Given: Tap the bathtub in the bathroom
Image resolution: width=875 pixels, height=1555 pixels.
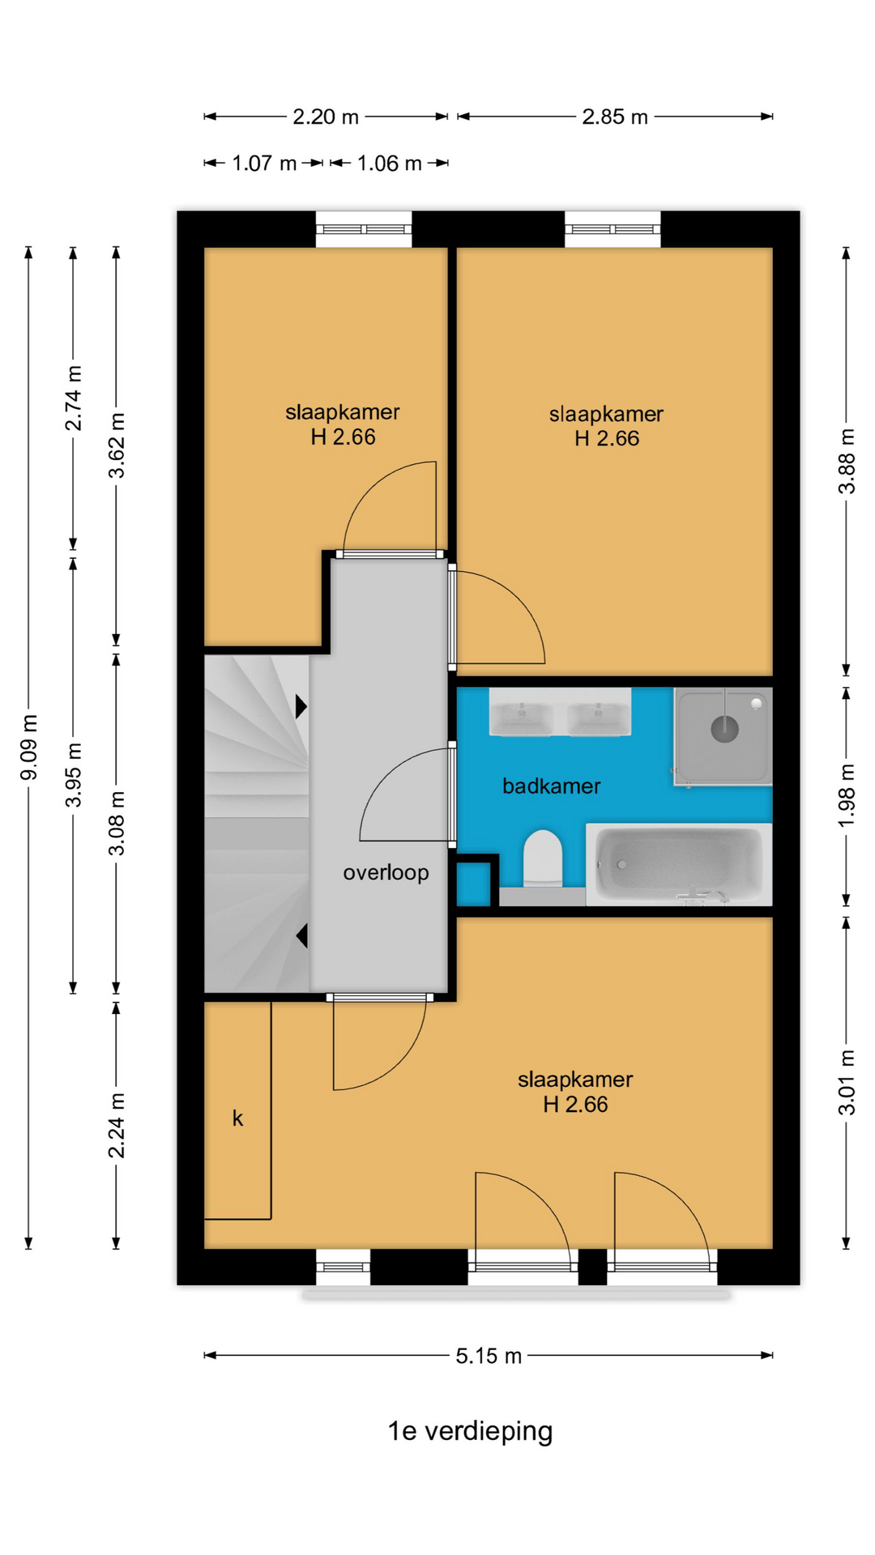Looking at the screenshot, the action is coord(679,864).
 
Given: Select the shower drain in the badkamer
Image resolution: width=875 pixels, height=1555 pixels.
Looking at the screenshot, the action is coord(724,729).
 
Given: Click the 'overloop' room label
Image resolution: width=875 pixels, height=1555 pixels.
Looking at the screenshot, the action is coord(386,873).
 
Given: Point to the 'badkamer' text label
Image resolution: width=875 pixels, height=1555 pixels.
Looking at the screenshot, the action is coord(551,786).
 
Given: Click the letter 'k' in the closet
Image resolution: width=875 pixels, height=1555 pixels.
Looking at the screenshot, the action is coord(237,1118).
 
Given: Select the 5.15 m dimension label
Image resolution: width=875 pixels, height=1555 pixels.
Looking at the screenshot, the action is coord(489,1356).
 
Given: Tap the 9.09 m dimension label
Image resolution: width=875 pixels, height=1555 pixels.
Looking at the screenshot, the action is coord(29,748).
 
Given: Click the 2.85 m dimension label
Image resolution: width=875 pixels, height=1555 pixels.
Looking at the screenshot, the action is coord(615,117).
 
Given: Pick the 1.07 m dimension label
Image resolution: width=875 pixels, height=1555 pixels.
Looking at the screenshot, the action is coord(264,164).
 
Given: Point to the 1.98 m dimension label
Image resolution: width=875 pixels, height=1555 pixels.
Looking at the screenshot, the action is coord(847,795).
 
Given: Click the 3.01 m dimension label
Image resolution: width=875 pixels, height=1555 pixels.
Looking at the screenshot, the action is coord(847,1083).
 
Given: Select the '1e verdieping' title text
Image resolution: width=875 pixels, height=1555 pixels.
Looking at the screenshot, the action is coord(470,1431).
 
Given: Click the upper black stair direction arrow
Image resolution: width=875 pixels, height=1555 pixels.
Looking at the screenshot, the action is coord(301,706).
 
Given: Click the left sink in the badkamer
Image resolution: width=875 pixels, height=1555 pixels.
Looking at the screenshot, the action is coord(521,718).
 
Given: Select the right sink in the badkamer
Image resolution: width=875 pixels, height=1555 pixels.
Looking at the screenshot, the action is coord(599,718).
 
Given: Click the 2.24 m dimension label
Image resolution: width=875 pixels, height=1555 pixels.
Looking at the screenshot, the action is coord(117,1126).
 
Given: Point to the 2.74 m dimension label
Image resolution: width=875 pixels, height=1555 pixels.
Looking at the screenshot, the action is coord(74,398).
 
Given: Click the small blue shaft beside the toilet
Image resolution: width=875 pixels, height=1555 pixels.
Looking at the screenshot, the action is coord(474,884).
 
